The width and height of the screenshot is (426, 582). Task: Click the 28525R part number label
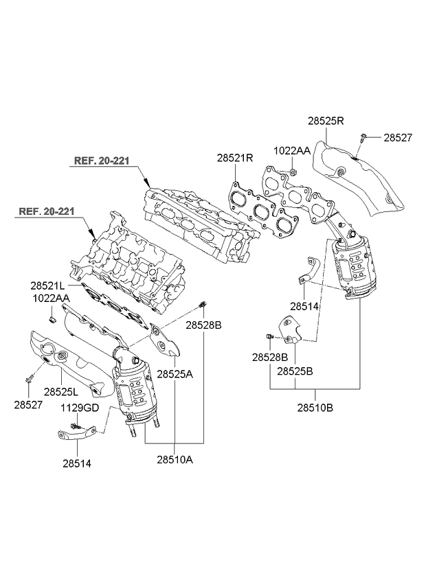(x=326, y=121)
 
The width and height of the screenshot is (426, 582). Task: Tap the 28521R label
(x=235, y=157)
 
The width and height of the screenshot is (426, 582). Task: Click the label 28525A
(x=175, y=375)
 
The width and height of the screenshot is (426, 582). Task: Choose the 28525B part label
(x=295, y=371)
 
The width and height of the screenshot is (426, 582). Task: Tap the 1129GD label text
(x=81, y=408)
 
